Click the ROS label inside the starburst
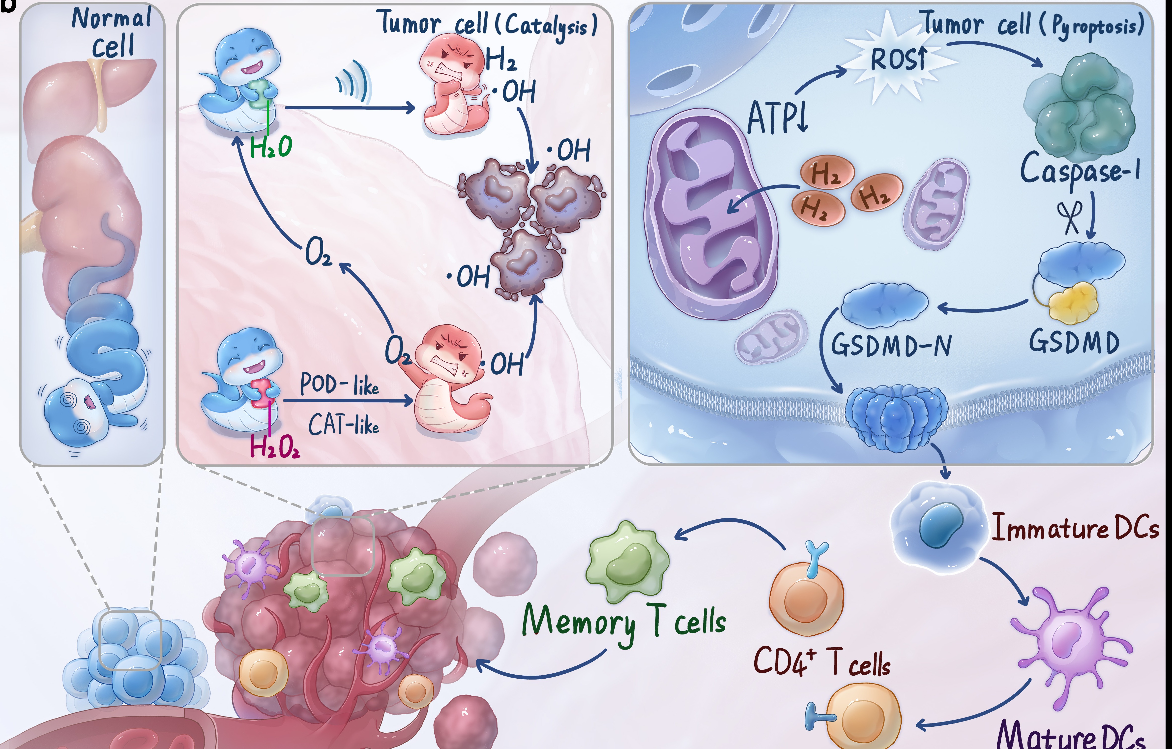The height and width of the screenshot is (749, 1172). (x=898, y=60)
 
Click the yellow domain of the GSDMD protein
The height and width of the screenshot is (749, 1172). (x=1073, y=302)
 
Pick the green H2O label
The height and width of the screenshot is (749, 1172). (x=271, y=147)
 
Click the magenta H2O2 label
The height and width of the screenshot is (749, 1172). (x=274, y=446)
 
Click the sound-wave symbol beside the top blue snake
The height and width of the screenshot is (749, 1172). (x=354, y=82)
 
